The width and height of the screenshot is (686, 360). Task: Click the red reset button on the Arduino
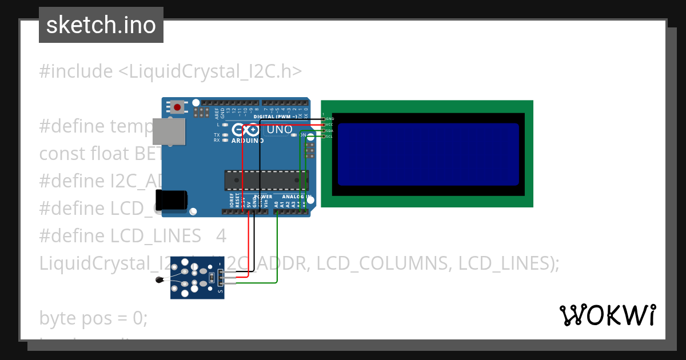178,106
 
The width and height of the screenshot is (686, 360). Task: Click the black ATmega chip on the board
266,180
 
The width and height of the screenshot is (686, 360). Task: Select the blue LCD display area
428,154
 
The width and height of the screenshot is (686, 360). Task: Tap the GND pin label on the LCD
330,118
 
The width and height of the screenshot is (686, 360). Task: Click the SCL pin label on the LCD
329,137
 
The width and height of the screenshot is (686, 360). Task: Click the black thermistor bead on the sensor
159,279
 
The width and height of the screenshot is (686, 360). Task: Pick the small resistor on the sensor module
213,278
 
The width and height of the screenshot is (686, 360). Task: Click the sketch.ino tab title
101,25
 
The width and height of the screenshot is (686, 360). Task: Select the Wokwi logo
607,315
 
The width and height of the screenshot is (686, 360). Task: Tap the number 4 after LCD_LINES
221,236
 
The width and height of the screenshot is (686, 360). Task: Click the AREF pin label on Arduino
217,112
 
